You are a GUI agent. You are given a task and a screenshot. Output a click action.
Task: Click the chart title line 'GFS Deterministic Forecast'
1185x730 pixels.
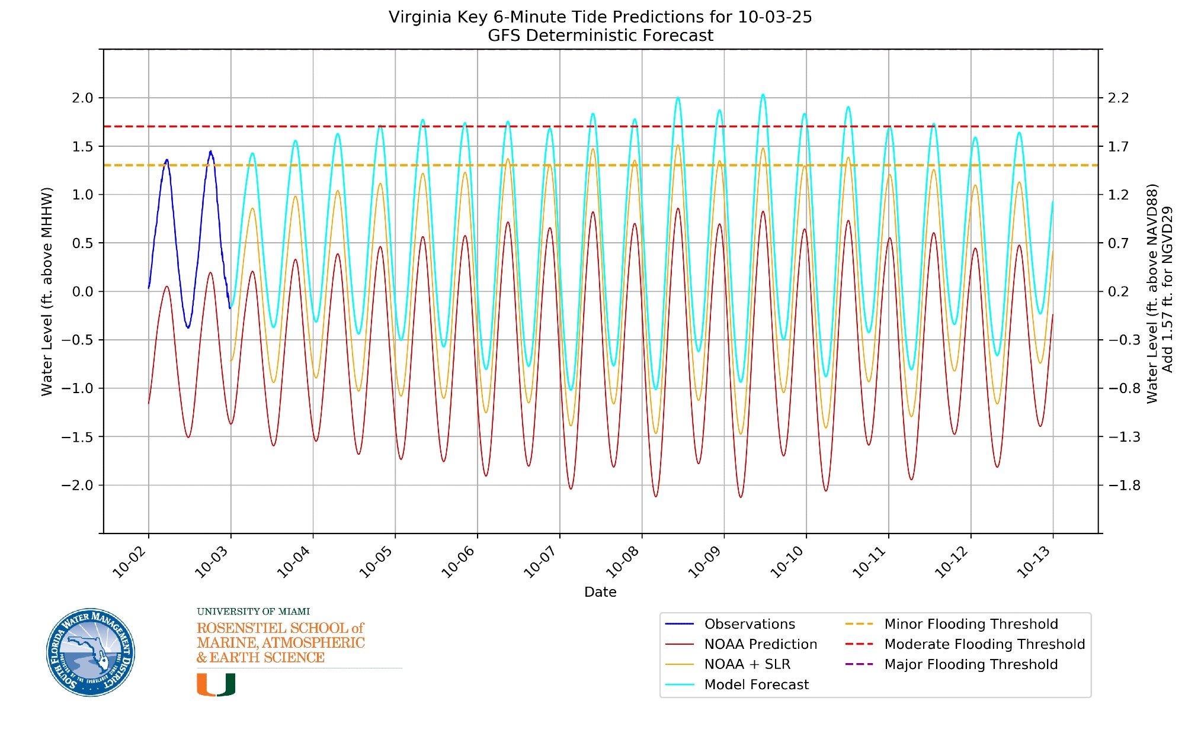600,36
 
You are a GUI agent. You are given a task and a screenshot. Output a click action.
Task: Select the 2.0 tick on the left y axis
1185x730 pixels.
83,98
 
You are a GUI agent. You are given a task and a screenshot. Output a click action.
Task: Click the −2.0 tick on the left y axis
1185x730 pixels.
78,485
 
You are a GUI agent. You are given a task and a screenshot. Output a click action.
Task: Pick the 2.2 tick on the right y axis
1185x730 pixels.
1118,98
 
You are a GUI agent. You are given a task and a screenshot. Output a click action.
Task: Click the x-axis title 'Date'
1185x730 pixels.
600,592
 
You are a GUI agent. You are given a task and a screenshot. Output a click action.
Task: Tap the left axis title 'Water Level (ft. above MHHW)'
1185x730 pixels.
47,291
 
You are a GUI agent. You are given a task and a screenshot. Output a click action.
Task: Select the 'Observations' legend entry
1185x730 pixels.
750,624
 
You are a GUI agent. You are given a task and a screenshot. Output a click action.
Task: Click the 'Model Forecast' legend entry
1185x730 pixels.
756,684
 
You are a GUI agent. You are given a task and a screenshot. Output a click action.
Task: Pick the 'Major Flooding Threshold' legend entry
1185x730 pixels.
971,664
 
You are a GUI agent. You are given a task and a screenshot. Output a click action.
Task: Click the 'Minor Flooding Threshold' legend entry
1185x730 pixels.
971,624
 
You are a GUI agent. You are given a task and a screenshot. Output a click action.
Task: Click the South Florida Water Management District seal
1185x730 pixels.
91,652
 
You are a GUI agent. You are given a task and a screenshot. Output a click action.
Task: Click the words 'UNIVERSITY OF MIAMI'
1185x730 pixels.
253,612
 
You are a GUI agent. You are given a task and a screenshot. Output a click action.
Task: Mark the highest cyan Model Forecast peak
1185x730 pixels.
763,94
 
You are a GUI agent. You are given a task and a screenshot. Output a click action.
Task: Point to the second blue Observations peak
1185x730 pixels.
210,152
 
